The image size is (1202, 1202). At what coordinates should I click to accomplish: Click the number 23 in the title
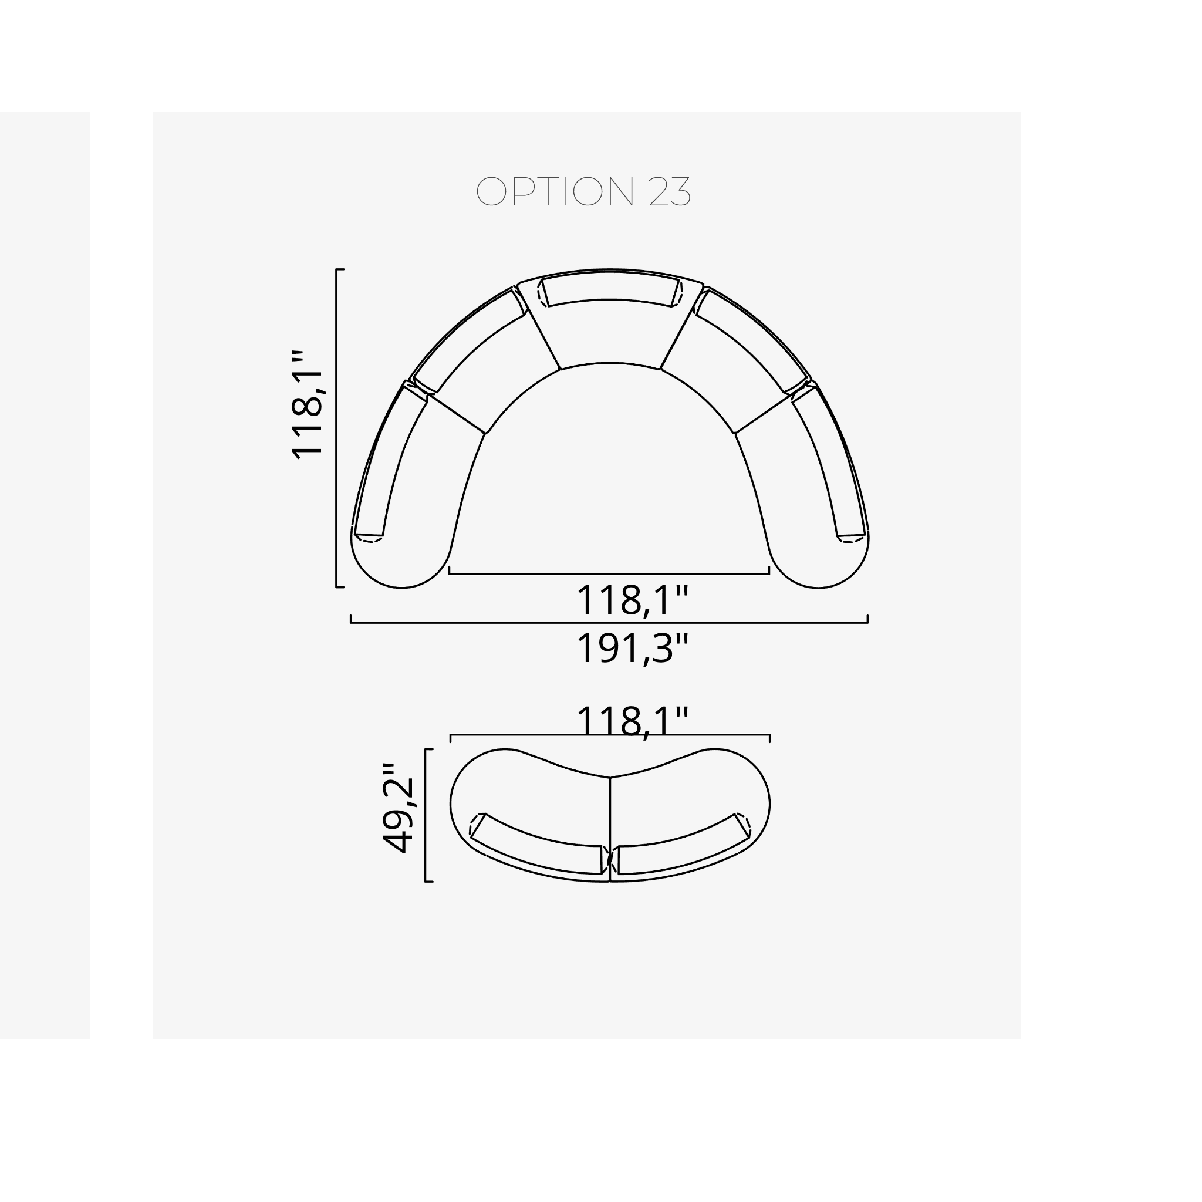(x=670, y=191)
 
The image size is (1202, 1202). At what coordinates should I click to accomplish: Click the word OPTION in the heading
(x=555, y=191)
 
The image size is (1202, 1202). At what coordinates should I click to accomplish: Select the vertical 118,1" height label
(x=308, y=405)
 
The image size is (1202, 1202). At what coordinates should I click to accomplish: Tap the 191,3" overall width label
(x=633, y=649)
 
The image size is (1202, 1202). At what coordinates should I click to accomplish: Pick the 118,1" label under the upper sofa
(x=633, y=600)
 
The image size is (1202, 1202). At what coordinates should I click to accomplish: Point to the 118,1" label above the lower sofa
(x=633, y=721)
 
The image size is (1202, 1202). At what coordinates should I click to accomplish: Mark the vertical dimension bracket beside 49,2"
(x=426, y=815)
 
